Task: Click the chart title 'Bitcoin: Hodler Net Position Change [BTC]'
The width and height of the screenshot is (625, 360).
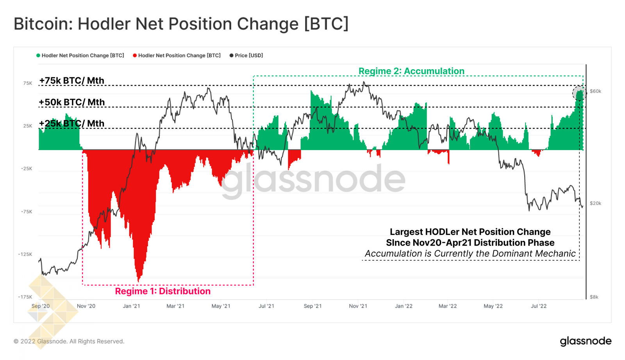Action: click(x=181, y=24)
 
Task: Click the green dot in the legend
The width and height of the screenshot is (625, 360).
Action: click(x=38, y=56)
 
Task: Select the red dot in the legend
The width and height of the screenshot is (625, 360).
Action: click(x=135, y=56)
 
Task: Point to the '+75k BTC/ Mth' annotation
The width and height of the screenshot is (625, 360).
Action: click(x=72, y=81)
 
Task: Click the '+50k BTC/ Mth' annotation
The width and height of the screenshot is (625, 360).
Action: click(x=72, y=102)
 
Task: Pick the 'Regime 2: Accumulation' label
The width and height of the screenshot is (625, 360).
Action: click(x=411, y=71)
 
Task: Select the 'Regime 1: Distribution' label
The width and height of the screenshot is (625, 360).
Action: click(x=162, y=291)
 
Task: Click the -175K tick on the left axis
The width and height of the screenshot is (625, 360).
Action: click(x=25, y=297)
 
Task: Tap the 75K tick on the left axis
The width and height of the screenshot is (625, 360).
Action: click(x=28, y=83)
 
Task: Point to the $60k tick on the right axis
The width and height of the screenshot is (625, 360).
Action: click(x=595, y=91)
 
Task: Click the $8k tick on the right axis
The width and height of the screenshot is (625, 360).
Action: click(x=594, y=297)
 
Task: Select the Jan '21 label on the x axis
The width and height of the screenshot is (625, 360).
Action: click(x=131, y=306)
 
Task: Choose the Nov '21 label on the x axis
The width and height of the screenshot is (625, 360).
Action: click(x=358, y=306)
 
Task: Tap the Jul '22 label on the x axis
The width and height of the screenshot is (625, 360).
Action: click(x=539, y=306)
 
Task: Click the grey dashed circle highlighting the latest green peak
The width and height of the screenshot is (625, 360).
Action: click(x=579, y=93)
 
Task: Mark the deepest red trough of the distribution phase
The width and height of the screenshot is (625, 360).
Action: click(x=139, y=279)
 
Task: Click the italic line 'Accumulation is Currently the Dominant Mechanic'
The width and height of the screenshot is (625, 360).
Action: click(x=470, y=254)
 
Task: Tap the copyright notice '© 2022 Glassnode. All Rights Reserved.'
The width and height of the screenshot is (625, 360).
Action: click(x=69, y=341)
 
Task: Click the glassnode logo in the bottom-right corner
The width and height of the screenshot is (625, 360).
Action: click(x=586, y=341)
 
